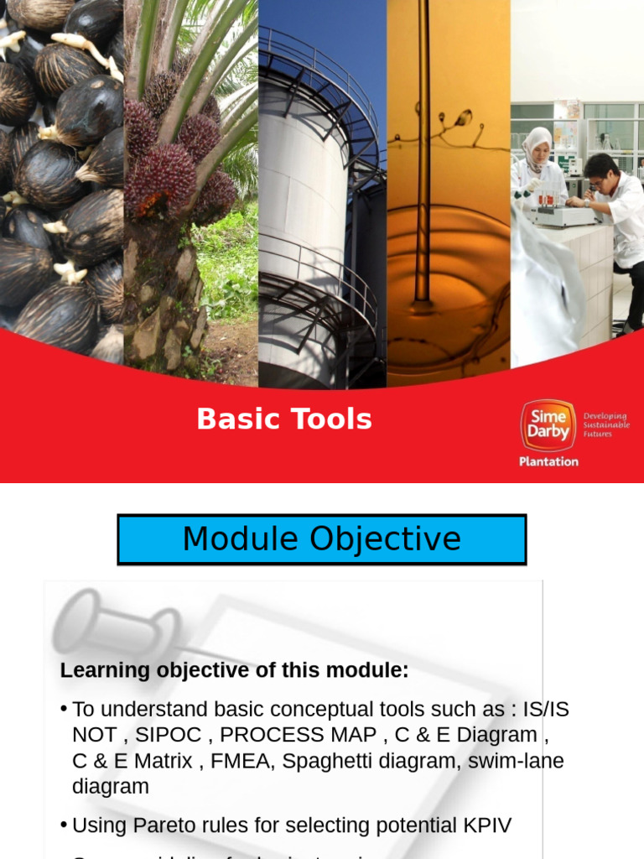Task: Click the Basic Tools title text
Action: coord(284,419)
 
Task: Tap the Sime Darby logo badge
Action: coord(548,425)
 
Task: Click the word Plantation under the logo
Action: coord(548,461)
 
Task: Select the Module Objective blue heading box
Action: coord(321,539)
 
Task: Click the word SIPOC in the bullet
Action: coord(168,735)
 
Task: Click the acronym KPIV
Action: coord(486,825)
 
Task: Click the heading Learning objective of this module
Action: coord(234,671)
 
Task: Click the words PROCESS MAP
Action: coord(299,735)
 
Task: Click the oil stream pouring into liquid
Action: coord(422,168)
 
